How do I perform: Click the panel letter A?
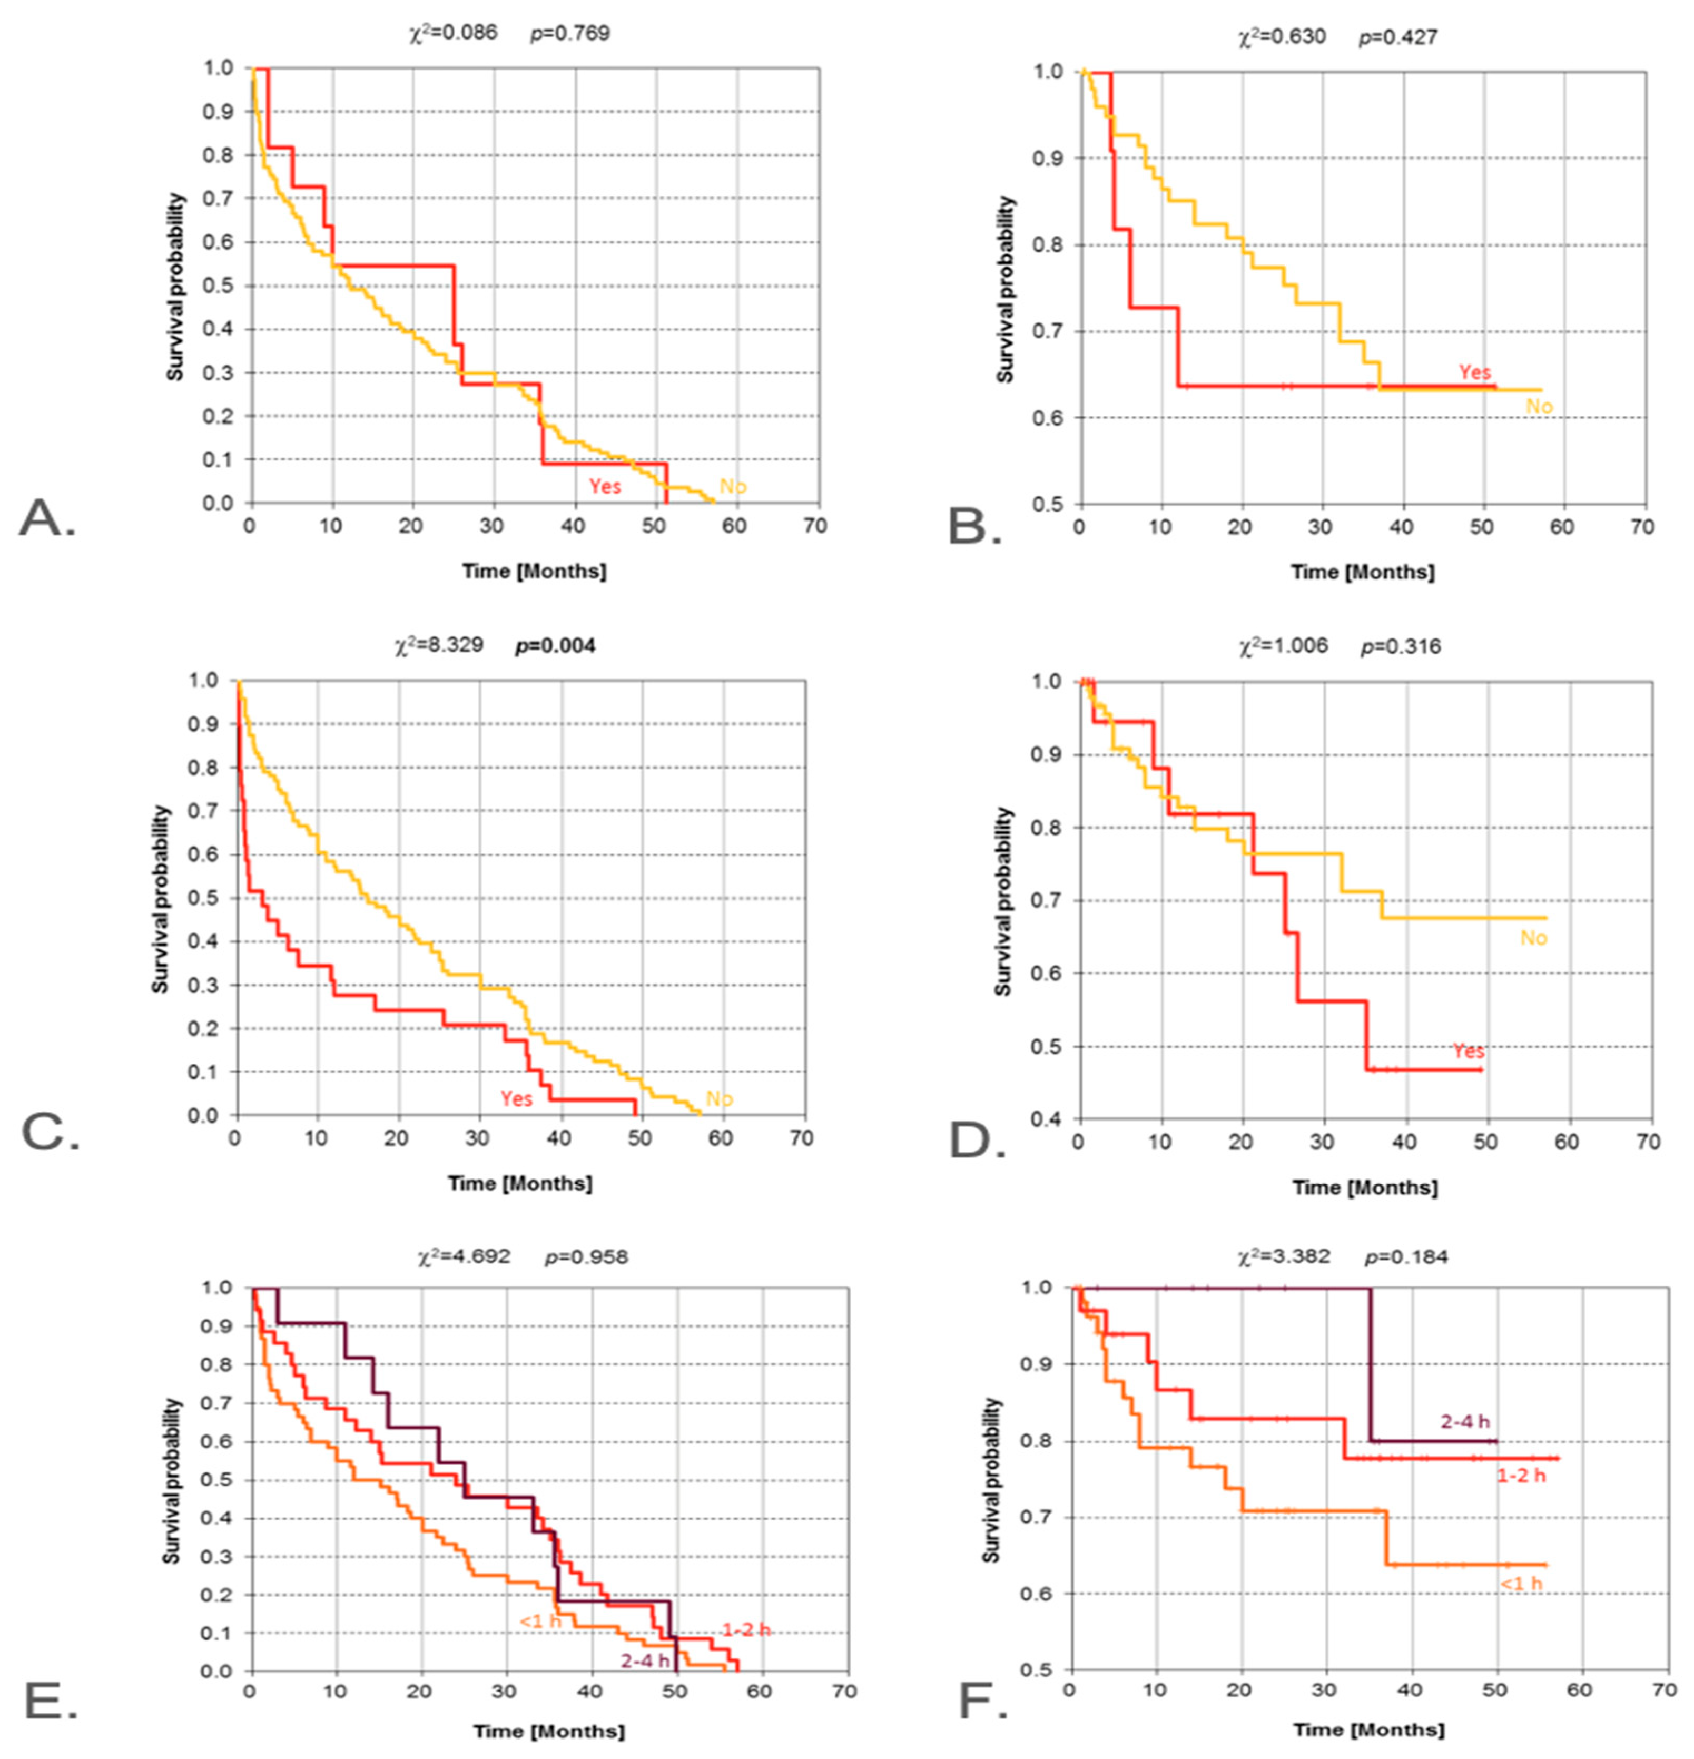coord(47,519)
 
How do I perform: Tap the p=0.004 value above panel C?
coord(555,645)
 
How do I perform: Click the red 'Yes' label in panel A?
coord(605,486)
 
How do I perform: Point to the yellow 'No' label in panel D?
coord(1533,938)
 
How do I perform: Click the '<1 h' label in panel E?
coord(540,1622)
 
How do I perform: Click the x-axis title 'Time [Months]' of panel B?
coord(1362,572)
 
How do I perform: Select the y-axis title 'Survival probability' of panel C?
coord(160,898)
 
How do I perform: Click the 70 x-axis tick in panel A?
coord(815,526)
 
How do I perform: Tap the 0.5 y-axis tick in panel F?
coord(1042,1670)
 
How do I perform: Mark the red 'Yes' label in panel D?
coord(1468,1051)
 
